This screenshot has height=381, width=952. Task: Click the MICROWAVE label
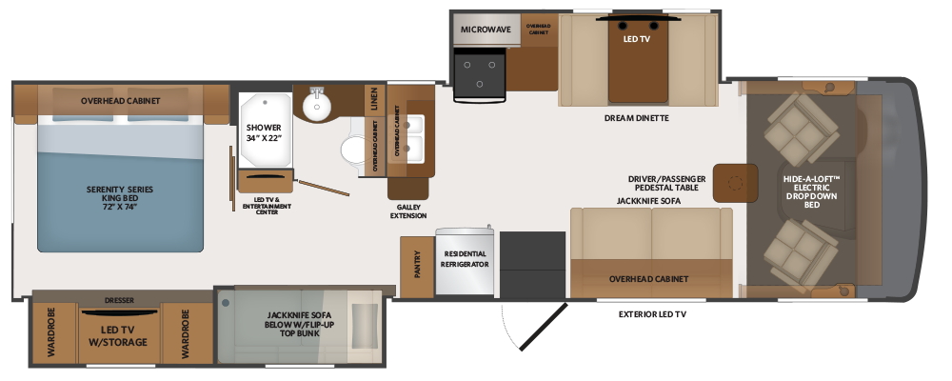pos(486,30)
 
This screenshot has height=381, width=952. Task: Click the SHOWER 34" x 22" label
pos(263,132)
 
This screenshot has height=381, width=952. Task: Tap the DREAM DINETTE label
pos(637,118)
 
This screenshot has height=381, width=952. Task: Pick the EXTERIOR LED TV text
pos(652,313)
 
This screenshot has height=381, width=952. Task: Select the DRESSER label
pos(119,300)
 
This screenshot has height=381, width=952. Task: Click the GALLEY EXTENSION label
pos(410,210)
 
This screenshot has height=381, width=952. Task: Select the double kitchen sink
pos(415,135)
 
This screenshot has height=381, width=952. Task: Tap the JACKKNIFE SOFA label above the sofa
pos(649,201)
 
